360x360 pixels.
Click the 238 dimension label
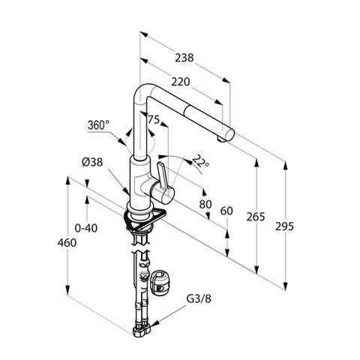(184, 58)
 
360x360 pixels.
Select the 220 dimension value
(181, 82)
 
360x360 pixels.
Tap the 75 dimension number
(153, 119)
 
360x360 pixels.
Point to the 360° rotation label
(99, 125)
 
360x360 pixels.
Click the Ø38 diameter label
(92, 162)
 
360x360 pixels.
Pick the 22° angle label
(201, 160)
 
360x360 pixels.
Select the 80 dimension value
(205, 204)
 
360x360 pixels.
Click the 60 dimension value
(226, 211)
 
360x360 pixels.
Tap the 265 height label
(256, 217)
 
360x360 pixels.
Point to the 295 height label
(284, 226)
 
